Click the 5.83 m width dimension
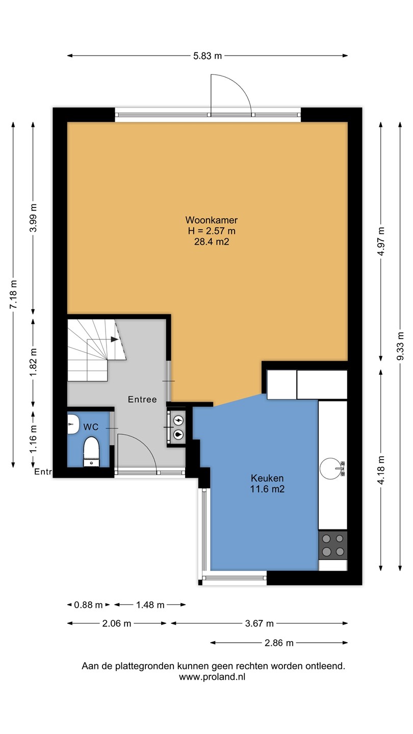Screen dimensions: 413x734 208,56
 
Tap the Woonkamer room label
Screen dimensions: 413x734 212,220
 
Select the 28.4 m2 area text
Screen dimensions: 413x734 212,242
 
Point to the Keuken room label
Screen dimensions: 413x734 267,478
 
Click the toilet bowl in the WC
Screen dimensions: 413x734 91,451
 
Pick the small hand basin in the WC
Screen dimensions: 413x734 73,424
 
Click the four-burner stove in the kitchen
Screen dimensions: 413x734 332,545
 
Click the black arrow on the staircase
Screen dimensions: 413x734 114,339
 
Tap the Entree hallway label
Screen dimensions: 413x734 142,400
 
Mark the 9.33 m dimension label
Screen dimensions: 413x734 400,346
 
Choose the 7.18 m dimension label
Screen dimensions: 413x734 13,294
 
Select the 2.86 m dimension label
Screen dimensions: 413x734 279,643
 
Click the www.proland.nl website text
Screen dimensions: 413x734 212,677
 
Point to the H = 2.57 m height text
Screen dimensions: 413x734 212,231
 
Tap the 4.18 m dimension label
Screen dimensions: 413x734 381,470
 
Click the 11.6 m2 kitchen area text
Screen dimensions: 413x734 267,489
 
